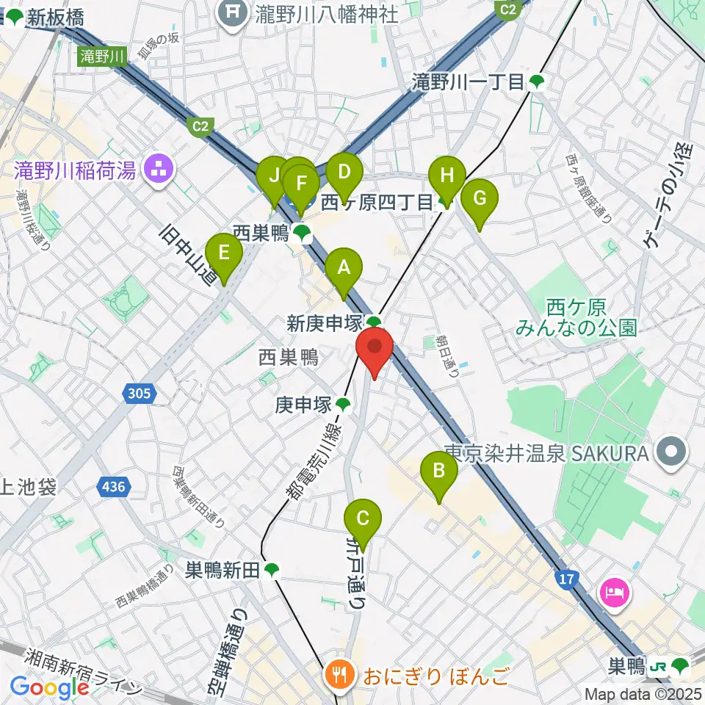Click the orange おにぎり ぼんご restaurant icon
coord(339,673)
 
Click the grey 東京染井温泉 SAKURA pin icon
coord(671,452)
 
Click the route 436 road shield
coord(114,486)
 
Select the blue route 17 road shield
coord(565,580)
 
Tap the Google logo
coord(50,687)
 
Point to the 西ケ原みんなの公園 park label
coord(575,316)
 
